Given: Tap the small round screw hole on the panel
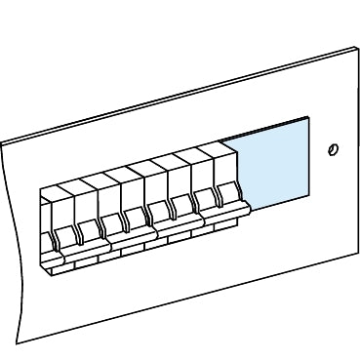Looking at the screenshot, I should pyautogui.click(x=334, y=150).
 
